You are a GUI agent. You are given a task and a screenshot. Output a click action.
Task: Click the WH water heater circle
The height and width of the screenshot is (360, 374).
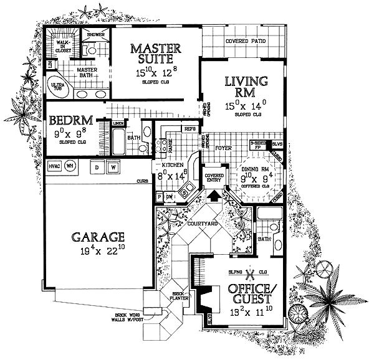click(x=70, y=166)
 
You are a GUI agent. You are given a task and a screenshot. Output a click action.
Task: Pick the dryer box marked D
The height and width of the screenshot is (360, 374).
click(x=98, y=167)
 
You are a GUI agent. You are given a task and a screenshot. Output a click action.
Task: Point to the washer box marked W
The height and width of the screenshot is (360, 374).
click(x=114, y=167)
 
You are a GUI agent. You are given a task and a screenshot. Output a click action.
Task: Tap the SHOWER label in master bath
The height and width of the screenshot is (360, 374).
click(x=95, y=35)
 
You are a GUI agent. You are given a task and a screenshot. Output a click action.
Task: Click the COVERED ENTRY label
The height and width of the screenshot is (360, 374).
click(x=214, y=178)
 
